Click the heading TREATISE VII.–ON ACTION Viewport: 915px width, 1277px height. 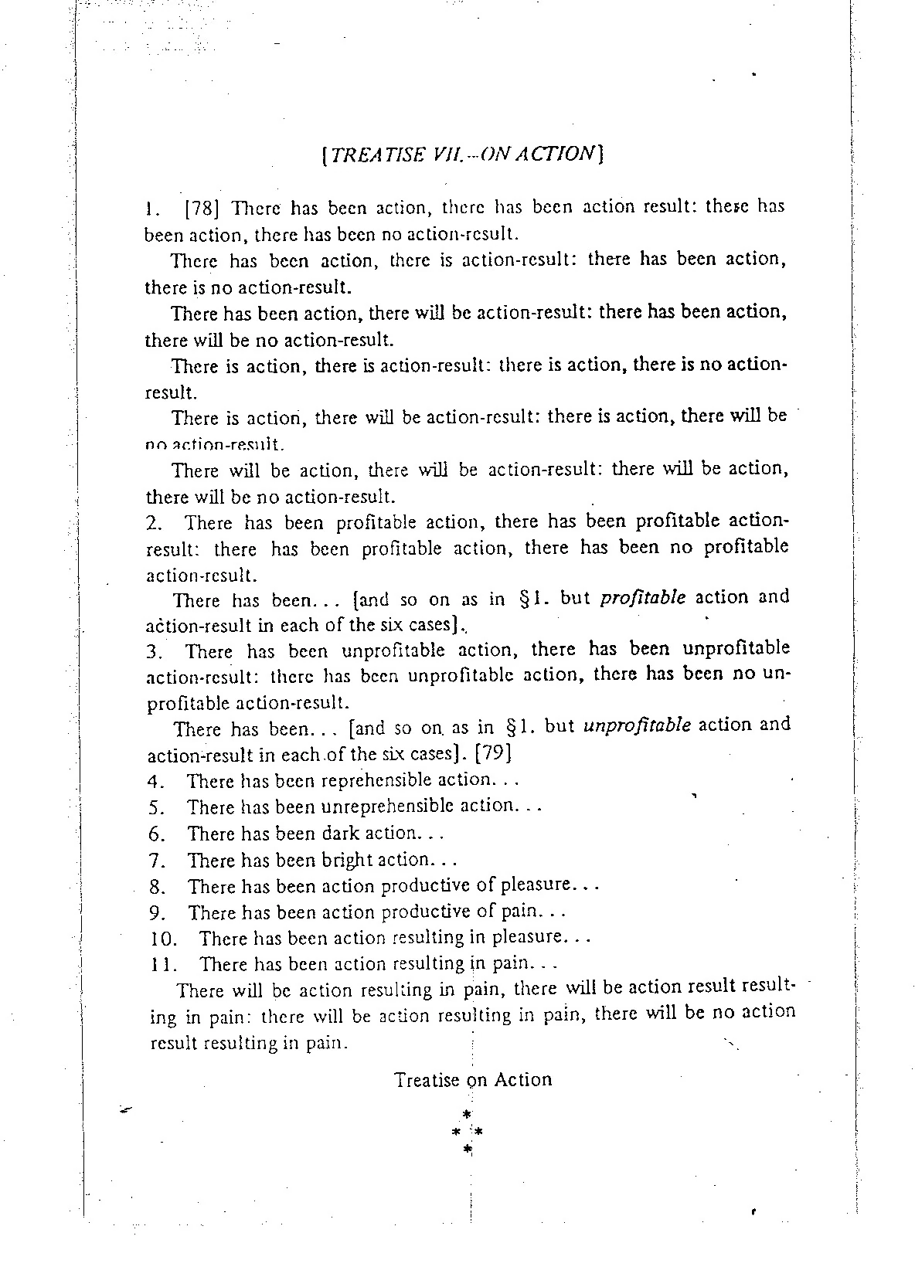pyautogui.click(x=461, y=154)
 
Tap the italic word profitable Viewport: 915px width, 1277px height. pyautogui.click(x=642, y=598)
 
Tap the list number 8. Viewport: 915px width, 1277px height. pyautogui.click(x=158, y=887)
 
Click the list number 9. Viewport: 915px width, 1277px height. pyautogui.click(x=158, y=913)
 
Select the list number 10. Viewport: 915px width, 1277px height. pyautogui.click(x=162, y=939)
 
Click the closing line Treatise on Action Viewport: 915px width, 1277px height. pyautogui.click(x=473, y=1079)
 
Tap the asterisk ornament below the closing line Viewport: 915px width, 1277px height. pyautogui.click(x=467, y=1131)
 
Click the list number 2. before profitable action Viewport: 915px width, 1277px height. pyautogui.click(x=155, y=523)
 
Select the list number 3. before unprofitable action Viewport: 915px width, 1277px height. pyautogui.click(x=155, y=652)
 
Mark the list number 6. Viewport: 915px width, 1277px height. pyautogui.click(x=157, y=834)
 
